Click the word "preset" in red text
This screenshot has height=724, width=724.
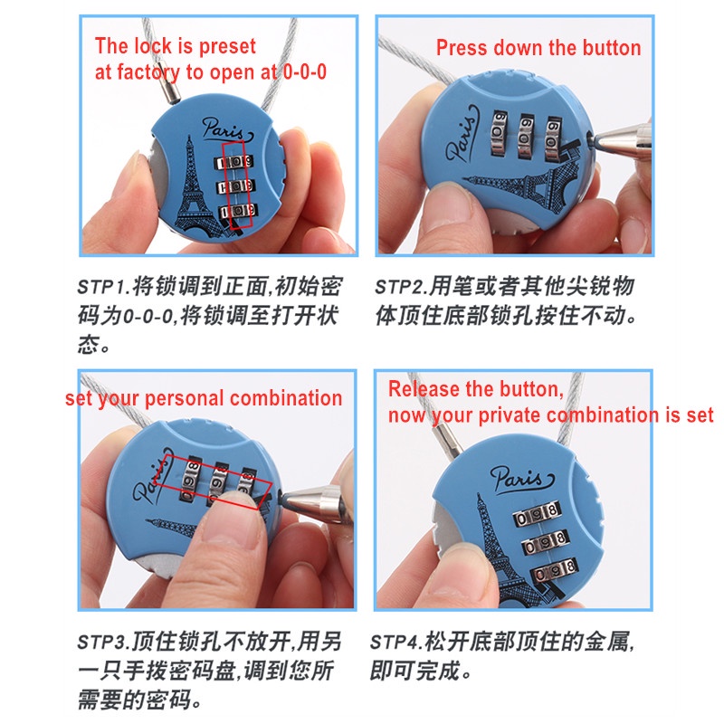(x=227, y=47)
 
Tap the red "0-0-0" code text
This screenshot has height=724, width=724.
(x=305, y=72)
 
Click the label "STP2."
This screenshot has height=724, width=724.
(x=401, y=287)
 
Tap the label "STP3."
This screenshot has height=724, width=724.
(x=104, y=642)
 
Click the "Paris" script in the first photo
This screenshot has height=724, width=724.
(x=226, y=129)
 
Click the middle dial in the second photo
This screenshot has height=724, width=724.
(x=526, y=136)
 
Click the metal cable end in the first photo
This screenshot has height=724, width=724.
(x=172, y=91)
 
